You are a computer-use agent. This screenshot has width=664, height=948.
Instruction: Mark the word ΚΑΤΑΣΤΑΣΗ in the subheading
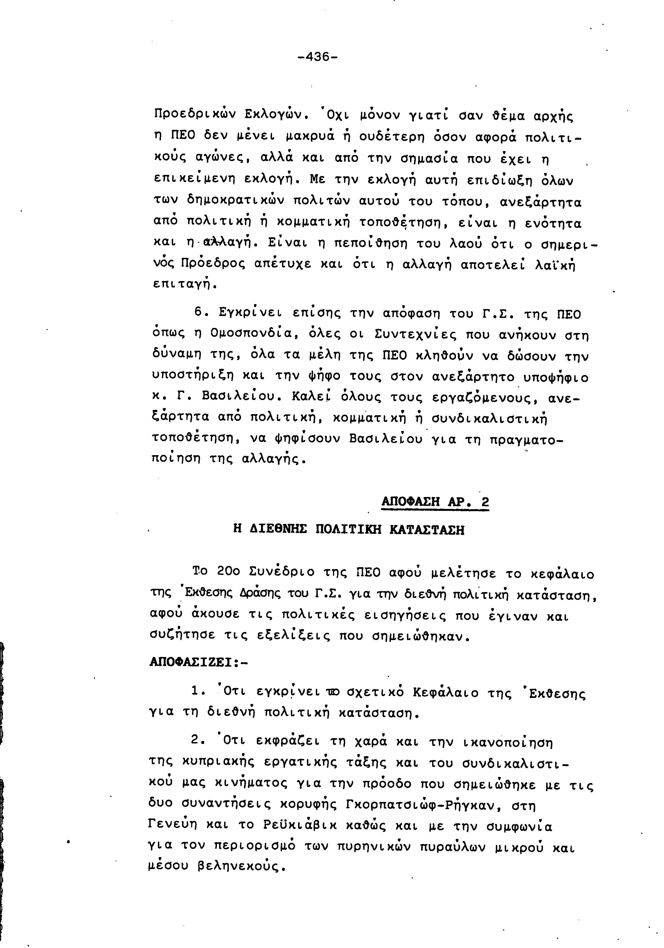(x=427, y=530)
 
